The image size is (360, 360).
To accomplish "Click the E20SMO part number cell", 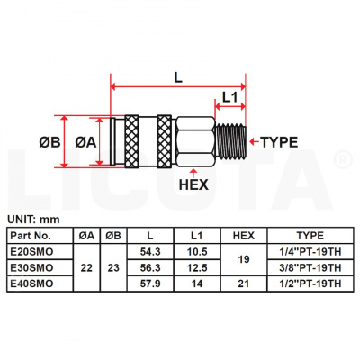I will point(39,253).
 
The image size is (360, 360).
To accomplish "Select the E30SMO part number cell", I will point(39,267).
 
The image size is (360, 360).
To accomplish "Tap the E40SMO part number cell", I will point(39,283).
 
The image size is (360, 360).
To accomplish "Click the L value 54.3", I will point(151,253).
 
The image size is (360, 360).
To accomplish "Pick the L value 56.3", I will point(151,267).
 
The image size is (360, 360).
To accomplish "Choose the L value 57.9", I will point(151,283).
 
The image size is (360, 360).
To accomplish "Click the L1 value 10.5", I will point(197,253).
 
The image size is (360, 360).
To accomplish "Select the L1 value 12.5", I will point(197,267).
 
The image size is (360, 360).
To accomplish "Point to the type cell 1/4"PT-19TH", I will point(310,253).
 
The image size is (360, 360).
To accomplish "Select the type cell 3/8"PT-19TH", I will point(310,267).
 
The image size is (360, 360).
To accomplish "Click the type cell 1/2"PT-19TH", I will point(310,283).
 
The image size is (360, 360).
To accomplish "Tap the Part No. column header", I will point(39,236).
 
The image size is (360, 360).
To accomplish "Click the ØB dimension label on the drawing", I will point(51,141).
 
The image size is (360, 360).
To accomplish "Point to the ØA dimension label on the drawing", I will point(85,141).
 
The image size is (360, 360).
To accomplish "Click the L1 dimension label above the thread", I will point(229,96).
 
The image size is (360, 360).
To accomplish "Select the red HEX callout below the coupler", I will point(195,187).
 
